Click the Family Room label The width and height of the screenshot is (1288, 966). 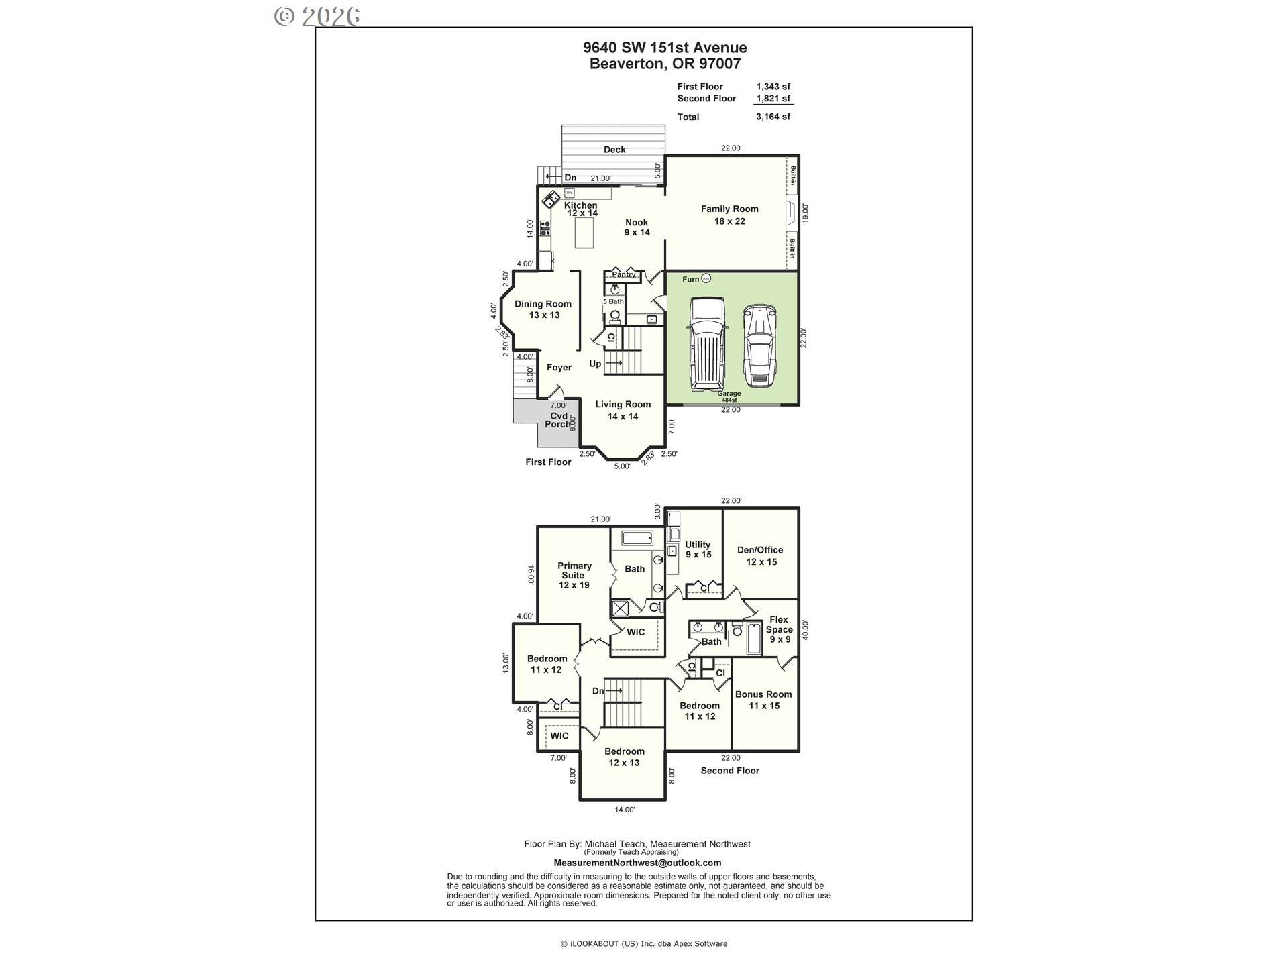[x=729, y=215]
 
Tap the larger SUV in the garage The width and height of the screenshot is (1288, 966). [x=707, y=343]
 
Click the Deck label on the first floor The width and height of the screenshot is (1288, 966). [x=614, y=150]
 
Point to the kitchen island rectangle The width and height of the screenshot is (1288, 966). [x=584, y=233]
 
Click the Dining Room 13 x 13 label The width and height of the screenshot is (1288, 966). [x=543, y=309]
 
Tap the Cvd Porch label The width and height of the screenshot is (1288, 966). [x=558, y=420]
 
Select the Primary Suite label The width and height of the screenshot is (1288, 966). [x=574, y=575]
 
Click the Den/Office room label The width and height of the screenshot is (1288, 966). [x=760, y=555]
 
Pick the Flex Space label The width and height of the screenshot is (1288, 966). [x=779, y=629]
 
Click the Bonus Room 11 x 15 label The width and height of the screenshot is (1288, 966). [x=763, y=700]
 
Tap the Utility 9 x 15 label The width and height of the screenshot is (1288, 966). [x=698, y=549]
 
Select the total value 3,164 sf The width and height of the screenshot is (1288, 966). [x=773, y=117]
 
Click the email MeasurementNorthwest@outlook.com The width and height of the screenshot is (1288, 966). [x=637, y=863]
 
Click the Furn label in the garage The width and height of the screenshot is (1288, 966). [x=690, y=279]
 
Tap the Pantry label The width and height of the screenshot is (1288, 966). [x=623, y=274]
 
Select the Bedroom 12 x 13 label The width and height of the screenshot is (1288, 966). [x=624, y=757]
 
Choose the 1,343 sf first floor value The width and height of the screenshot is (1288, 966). [x=773, y=87]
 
